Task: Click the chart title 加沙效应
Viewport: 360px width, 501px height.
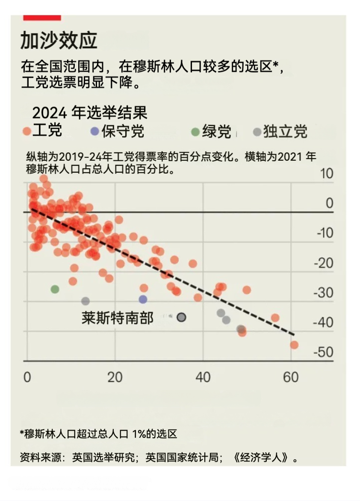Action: [x=59, y=40]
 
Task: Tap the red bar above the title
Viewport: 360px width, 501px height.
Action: [x=42, y=18]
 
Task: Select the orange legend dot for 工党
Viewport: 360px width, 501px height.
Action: [x=27, y=132]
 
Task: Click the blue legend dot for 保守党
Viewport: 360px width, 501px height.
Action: [x=95, y=132]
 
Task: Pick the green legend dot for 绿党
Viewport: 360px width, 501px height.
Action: [x=195, y=132]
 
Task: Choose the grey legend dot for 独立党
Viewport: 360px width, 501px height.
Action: [x=257, y=132]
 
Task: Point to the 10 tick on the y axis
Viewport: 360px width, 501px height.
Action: [x=326, y=174]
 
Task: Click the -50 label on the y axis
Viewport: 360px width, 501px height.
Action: [x=323, y=352]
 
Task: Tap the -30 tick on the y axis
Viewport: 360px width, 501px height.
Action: [x=323, y=293]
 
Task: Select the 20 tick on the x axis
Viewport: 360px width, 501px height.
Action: [x=115, y=377]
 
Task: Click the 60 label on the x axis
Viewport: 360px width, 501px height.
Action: [x=291, y=377]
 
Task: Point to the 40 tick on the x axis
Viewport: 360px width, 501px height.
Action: [x=203, y=377]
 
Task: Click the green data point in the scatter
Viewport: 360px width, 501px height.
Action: [x=55, y=289]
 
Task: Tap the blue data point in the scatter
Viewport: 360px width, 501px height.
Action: [x=143, y=299]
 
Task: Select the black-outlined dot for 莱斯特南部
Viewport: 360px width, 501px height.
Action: [x=181, y=317]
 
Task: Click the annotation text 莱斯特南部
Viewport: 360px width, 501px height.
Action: [x=117, y=318]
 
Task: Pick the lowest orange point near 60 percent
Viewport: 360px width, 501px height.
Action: [x=294, y=345]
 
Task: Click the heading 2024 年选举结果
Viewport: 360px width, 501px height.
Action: [x=90, y=113]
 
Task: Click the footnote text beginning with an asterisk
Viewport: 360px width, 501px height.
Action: [x=98, y=434]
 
